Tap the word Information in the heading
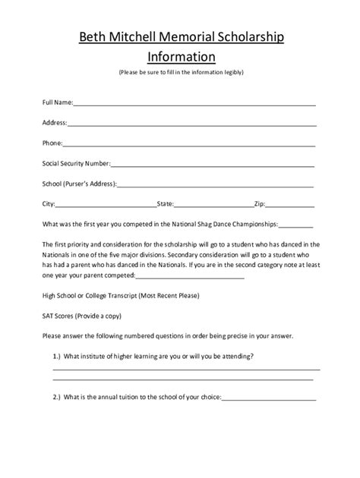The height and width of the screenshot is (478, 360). [181, 56]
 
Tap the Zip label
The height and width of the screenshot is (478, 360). [259, 203]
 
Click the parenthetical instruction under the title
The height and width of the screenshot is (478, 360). [181, 73]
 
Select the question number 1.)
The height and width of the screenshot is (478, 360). [57, 356]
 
